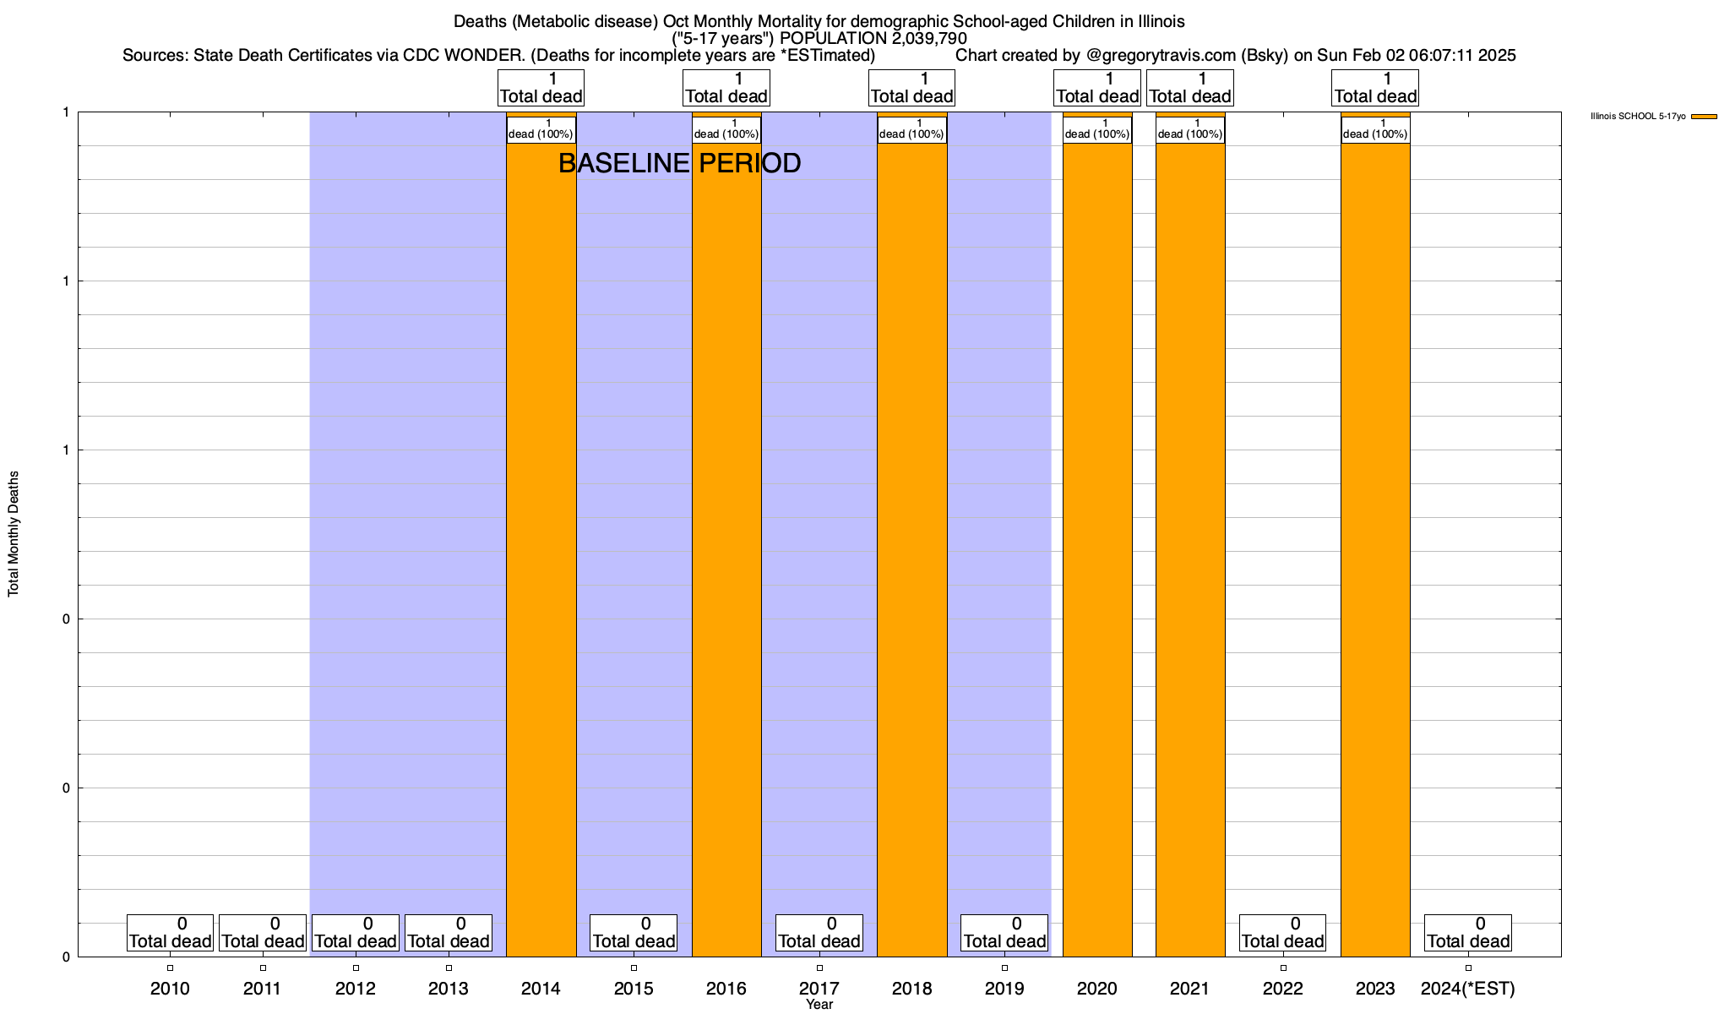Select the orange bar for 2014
(x=541, y=549)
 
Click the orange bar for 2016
(x=726, y=549)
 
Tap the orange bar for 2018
(x=911, y=549)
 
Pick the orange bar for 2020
(x=1097, y=549)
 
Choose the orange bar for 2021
(x=1190, y=549)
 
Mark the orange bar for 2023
(x=1375, y=549)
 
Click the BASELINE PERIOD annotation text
(x=679, y=163)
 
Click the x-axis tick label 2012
(x=356, y=988)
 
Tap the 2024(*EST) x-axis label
(x=1468, y=988)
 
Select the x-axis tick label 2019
(x=1004, y=988)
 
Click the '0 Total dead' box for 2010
(x=170, y=933)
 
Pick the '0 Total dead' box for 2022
(x=1282, y=933)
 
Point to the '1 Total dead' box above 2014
(x=541, y=88)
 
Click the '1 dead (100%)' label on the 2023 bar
(x=1375, y=129)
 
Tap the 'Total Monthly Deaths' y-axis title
(x=14, y=534)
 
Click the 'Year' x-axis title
(x=819, y=1005)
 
